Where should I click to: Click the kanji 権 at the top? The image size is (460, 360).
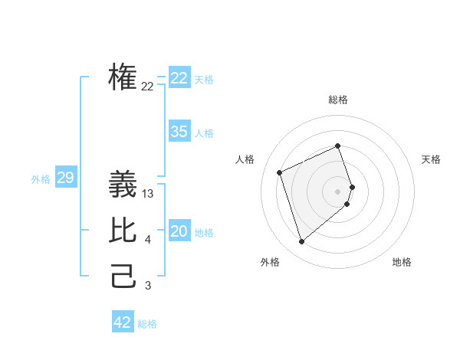(123, 78)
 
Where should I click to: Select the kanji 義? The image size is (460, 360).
(123, 185)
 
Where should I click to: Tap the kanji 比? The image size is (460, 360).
(123, 231)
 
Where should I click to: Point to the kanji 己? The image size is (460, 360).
(123, 277)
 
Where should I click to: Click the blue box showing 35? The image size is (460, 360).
(179, 132)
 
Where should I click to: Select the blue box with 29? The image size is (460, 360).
(65, 178)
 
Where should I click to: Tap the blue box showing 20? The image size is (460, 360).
(179, 231)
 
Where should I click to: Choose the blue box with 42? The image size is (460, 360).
(123, 322)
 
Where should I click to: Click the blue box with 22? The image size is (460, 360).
(179, 78)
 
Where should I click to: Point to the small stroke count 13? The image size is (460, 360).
(148, 195)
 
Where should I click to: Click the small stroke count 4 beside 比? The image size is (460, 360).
(148, 241)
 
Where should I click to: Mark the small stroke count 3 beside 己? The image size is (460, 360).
(148, 286)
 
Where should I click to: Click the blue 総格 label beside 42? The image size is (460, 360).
(147, 324)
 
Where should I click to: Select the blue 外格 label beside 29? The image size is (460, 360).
(41, 179)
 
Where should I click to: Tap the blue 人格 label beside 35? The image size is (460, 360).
(204, 133)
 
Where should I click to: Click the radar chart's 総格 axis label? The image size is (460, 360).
(338, 100)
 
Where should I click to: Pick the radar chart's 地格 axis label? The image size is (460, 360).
(402, 262)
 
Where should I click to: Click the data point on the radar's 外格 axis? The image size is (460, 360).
(301, 242)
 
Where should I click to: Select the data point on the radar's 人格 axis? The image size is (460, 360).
(280, 172)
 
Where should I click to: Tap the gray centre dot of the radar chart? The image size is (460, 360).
(338, 191)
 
